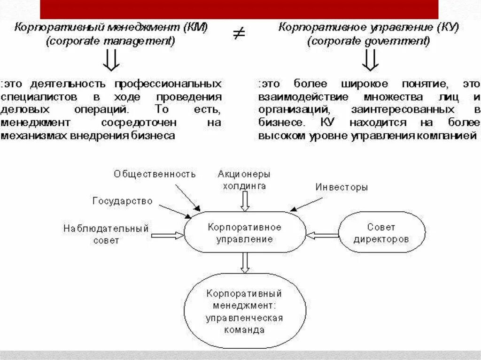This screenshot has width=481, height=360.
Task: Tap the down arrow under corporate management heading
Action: pyautogui.click(x=111, y=60)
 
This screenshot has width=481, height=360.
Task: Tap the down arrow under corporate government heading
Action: pyautogui.click(x=370, y=60)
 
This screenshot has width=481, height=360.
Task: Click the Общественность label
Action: pyautogui.click(x=155, y=174)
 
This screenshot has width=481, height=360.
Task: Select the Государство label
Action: pyautogui.click(x=122, y=201)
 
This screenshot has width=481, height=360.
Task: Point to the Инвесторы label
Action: pyautogui.click(x=341, y=187)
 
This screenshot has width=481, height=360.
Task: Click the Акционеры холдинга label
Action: pyautogui.click(x=244, y=180)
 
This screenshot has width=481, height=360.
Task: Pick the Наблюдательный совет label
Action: pyautogui.click(x=106, y=234)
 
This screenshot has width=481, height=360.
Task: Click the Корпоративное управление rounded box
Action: pyautogui.click(x=244, y=232)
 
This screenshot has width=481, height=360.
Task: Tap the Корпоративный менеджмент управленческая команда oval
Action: pyautogui.click(x=244, y=311)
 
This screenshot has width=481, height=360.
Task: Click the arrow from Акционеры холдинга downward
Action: pyautogui.click(x=244, y=201)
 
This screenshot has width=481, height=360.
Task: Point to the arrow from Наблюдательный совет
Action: pyautogui.click(x=167, y=235)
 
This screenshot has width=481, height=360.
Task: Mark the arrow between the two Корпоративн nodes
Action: pyautogui.click(x=244, y=263)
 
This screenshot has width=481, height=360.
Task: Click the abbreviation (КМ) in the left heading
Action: pyautogui.click(x=194, y=27)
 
